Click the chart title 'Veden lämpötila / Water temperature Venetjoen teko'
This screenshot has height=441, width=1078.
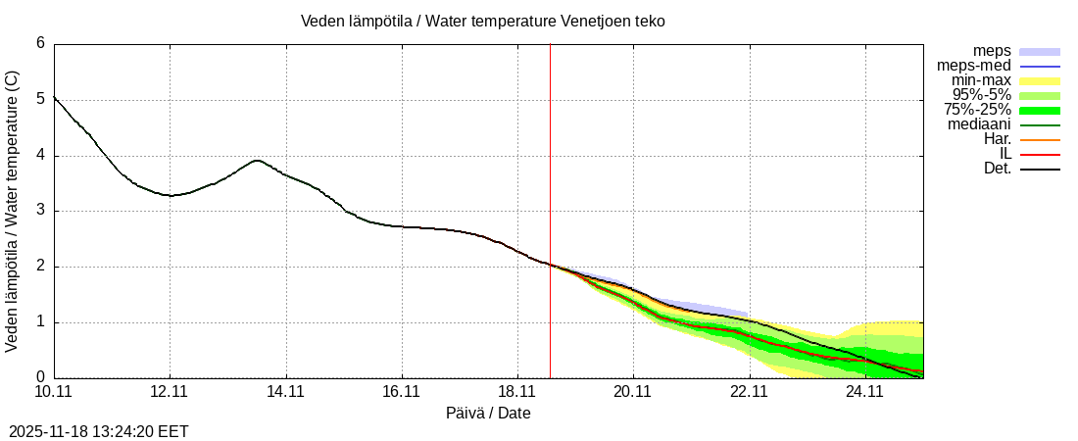tap(483, 21)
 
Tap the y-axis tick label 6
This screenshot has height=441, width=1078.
tap(40, 44)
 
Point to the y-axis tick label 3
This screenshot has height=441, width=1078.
tap(40, 211)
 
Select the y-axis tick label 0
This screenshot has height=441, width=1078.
tap(40, 377)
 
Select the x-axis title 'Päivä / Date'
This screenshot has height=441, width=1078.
tap(488, 414)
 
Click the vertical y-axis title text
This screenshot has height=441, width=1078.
tap(13, 211)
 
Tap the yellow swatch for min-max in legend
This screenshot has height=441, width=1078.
tap(1040, 80)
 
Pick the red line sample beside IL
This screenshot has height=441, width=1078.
tap(1040, 154)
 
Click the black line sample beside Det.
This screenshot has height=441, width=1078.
tap(1040, 169)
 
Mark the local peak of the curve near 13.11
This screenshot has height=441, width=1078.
tap(257, 161)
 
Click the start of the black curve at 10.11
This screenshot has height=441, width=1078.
tap(55, 97)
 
